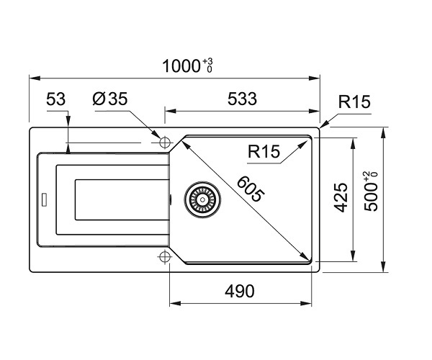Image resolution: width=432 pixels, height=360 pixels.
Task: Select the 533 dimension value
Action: (x=241, y=99)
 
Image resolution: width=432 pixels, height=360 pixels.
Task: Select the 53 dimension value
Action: (x=56, y=99)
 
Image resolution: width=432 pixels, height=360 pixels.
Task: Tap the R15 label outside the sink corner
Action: (x=354, y=103)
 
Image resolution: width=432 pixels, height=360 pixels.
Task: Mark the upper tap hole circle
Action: (x=163, y=140)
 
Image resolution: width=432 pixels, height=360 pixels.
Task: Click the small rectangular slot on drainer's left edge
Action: (x=44, y=199)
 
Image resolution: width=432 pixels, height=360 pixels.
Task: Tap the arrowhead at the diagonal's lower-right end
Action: (x=307, y=258)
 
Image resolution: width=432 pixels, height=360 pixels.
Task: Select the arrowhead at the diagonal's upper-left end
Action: (x=185, y=141)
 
